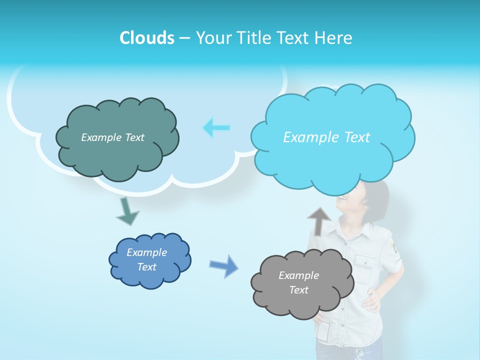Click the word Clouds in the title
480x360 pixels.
coord(146,38)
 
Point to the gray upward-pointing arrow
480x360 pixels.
coord(319,220)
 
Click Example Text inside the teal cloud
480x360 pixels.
coord(112,137)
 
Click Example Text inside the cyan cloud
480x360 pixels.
coord(326,137)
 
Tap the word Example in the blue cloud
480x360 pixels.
coord(146,252)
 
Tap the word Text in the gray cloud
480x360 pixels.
coord(298,290)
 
